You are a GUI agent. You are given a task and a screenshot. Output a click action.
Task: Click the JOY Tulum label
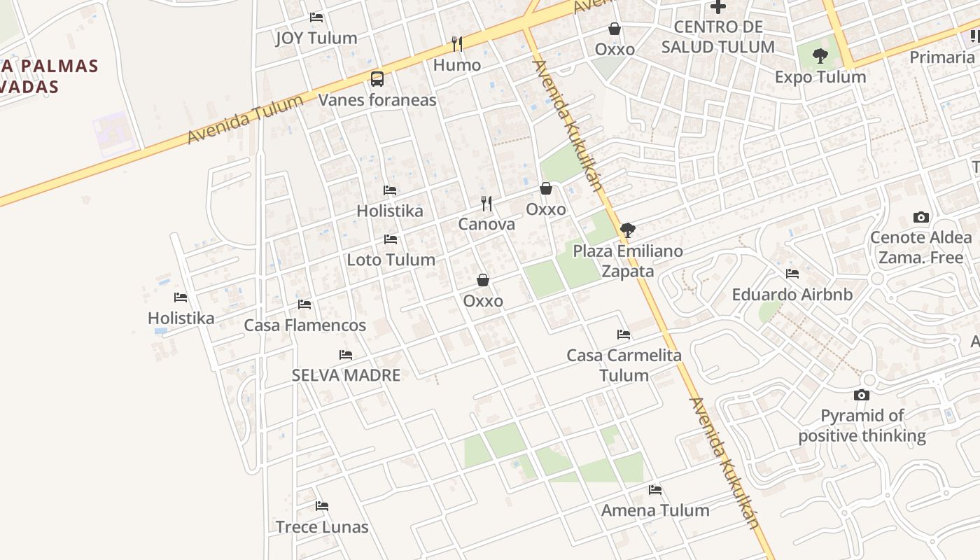316,38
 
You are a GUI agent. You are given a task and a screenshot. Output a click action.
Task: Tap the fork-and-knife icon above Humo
457,44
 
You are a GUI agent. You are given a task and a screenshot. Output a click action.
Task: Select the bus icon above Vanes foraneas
377,78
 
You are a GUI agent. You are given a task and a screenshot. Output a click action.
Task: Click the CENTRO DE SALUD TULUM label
717,37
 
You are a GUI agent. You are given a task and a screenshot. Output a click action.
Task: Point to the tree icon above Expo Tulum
820,55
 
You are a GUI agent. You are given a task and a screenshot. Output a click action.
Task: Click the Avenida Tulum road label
245,120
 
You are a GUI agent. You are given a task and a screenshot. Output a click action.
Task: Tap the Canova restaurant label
486,224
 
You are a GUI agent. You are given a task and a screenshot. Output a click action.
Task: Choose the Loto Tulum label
391,260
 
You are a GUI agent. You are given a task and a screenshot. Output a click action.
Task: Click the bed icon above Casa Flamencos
304,304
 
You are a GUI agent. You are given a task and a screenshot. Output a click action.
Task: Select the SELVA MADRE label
346,375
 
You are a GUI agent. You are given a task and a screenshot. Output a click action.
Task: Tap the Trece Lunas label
322,527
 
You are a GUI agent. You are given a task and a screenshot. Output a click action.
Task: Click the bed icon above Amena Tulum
655,490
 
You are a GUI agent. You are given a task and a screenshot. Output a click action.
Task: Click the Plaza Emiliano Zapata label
628,260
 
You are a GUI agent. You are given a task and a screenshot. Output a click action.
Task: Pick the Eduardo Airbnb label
792,295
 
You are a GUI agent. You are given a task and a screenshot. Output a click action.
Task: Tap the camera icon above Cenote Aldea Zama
921,217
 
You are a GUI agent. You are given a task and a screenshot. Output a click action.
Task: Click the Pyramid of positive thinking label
862,426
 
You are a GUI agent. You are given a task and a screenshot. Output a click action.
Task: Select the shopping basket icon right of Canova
546,188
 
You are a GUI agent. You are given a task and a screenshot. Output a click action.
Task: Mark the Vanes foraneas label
377,100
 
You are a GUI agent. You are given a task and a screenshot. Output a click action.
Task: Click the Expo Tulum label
820,76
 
